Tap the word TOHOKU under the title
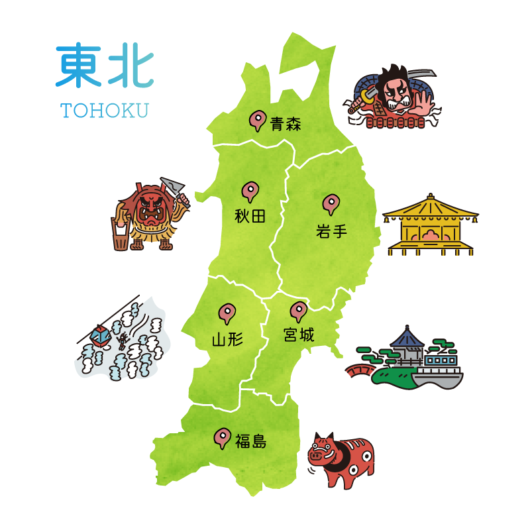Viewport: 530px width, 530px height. (105, 110)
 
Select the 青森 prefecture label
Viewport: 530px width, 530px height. (286, 124)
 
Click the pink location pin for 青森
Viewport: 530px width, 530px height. (256, 120)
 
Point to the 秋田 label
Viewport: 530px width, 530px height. (250, 216)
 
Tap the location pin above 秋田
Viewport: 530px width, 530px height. (250, 191)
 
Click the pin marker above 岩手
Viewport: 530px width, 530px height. (330, 203)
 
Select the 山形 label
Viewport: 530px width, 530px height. (227, 340)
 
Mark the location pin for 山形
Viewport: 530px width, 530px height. (227, 312)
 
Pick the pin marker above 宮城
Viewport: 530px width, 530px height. (299, 310)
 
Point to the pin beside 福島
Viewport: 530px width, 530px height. (222, 437)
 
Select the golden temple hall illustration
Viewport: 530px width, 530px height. (431, 225)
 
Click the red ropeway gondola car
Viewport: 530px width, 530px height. (99, 336)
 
